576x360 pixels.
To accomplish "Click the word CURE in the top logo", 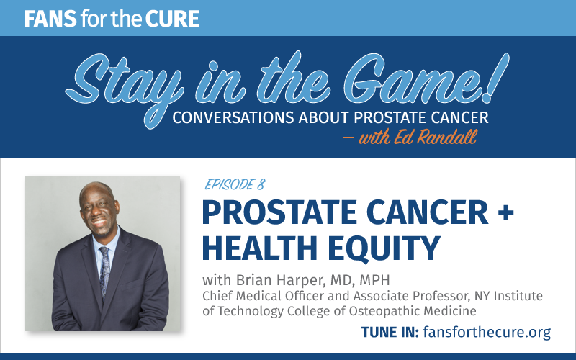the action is pos(172,19).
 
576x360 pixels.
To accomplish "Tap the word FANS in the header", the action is pos(50,19).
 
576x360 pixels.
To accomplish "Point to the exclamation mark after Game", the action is pos(496,77).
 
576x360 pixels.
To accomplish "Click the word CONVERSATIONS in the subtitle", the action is pos(233,117).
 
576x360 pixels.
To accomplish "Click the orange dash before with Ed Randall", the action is pos(348,138).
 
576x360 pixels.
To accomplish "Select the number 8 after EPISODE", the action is pos(261,184).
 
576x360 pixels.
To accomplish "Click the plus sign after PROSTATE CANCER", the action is pos(505,213).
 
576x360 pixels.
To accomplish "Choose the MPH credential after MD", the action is pos(374,280).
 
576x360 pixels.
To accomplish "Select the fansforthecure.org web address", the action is pos(487,332).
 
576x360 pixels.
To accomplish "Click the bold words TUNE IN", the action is pos(390,332).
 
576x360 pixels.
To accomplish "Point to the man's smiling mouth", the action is pos(99,222).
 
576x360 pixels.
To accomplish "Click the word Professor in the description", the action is pos(441,296).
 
